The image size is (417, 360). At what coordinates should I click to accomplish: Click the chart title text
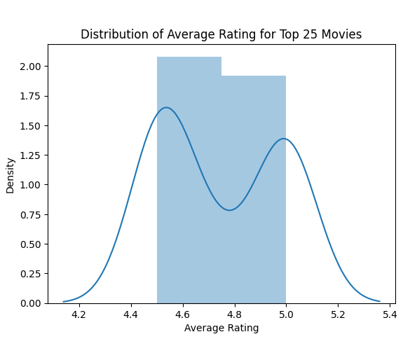[221, 34]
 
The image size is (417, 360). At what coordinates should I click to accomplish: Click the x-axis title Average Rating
[221, 328]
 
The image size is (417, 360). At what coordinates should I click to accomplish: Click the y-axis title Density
[11, 174]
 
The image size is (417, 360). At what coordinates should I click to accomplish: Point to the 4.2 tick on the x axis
[78, 314]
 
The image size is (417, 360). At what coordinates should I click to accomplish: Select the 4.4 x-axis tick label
[130, 314]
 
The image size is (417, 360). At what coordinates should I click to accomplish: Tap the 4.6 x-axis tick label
[182, 314]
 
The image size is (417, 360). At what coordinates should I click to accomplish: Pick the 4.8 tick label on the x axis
[234, 314]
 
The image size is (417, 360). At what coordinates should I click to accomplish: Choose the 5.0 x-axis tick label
[286, 314]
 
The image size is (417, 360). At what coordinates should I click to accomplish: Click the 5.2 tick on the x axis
[338, 314]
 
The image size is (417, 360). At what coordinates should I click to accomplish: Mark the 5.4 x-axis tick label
[390, 314]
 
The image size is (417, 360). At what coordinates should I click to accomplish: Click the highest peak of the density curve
[166, 108]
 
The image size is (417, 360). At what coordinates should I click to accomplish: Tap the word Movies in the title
[343, 34]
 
